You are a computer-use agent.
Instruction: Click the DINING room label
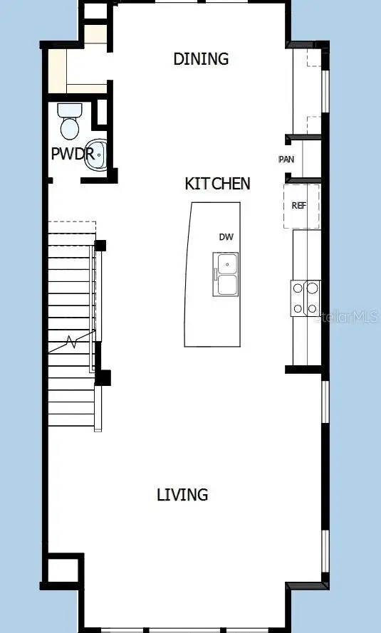pos(201,58)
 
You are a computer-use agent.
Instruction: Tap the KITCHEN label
pos(217,184)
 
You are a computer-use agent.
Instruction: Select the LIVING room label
pos(182,494)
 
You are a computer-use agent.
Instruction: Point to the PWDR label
pos(72,153)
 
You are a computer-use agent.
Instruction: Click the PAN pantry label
pos(286,159)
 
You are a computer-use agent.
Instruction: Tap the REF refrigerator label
pos(299,205)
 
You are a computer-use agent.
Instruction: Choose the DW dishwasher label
pos(226,236)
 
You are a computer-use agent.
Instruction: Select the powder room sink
pos(96,155)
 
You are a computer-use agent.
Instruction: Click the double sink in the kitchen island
pos(226,275)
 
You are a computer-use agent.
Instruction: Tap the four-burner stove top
pos(305,298)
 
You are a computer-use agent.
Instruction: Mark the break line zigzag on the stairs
pos(71,341)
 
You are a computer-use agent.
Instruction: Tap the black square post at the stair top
pos(100,246)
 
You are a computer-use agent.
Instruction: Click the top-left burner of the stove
pos(298,288)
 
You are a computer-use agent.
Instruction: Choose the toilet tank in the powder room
pos(70,110)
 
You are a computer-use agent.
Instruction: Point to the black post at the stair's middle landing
pos(103,377)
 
